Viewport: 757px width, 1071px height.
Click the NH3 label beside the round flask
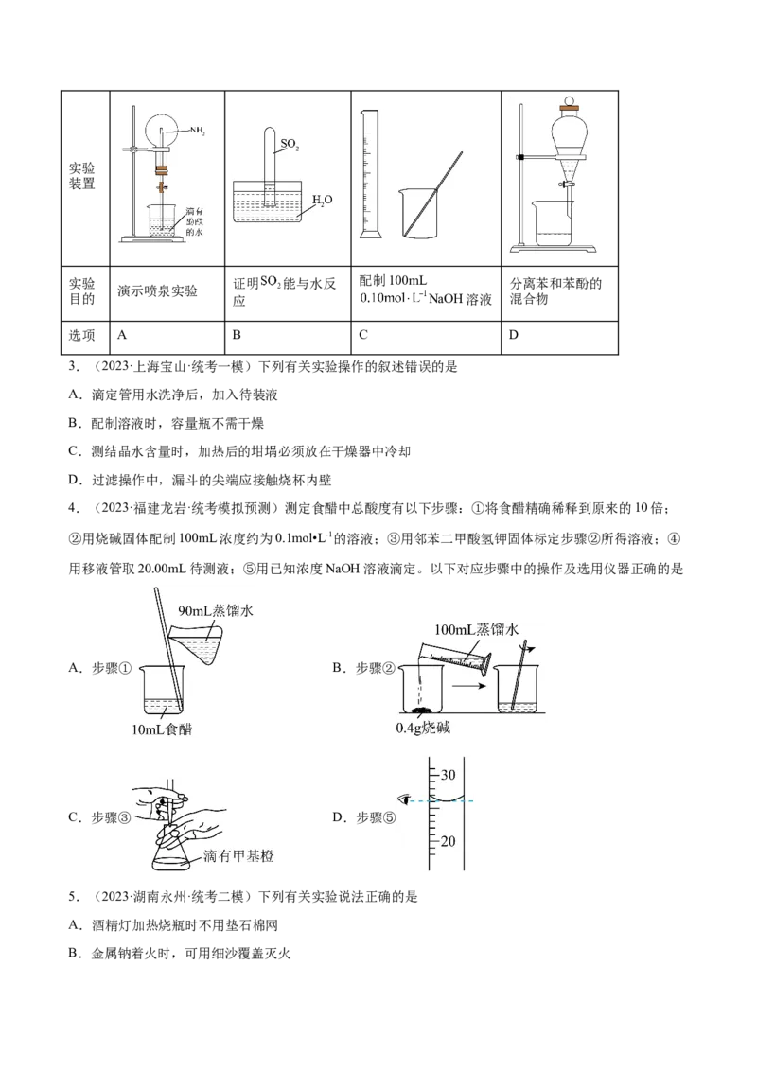coord(197,130)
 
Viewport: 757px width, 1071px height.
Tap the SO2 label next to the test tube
coord(290,146)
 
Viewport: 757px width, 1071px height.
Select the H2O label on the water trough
coord(322,201)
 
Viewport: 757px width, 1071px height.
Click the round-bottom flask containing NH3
coord(161,130)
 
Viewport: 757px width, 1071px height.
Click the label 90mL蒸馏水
coord(216,611)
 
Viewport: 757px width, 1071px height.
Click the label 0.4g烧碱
coord(424,728)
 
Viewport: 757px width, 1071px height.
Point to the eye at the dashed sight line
coord(408,799)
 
